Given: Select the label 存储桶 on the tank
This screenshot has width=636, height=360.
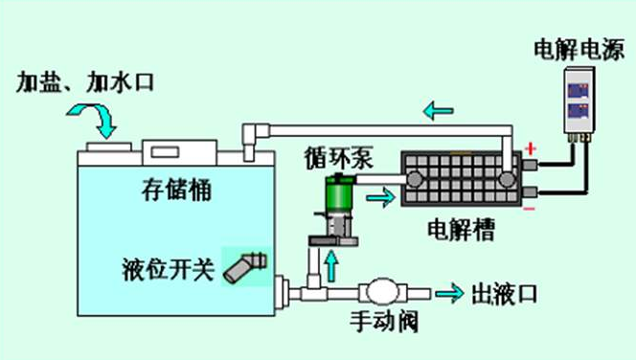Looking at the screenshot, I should [171, 191].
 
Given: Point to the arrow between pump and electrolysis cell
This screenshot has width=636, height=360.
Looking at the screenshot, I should [380, 197].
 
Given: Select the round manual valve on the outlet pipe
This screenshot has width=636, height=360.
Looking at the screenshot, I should [381, 290].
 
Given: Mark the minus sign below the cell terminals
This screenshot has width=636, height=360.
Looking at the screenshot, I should [529, 205].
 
